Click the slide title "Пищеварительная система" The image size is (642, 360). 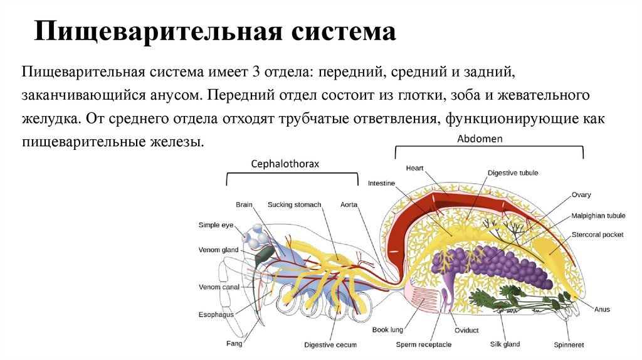pos(215,32)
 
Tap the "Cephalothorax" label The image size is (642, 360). pos(285,164)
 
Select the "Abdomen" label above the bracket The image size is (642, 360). pos(480,139)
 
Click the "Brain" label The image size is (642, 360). pos(244,204)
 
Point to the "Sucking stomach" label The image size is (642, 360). pos(294,204)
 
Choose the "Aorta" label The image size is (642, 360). pos(349,204)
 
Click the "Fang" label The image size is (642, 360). pos(234,343)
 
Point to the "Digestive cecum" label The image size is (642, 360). pos(330,345)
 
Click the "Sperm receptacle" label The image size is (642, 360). pos(424,344)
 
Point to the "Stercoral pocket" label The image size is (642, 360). pos(596,235)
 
